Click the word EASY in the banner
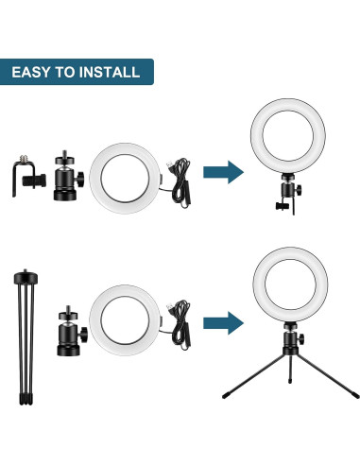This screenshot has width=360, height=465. (35, 72)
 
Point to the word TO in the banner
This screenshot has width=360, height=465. (68, 72)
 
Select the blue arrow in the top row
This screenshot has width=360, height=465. (223, 170)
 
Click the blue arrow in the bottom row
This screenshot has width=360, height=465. (223, 319)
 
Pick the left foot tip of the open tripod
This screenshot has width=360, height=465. (224, 392)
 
